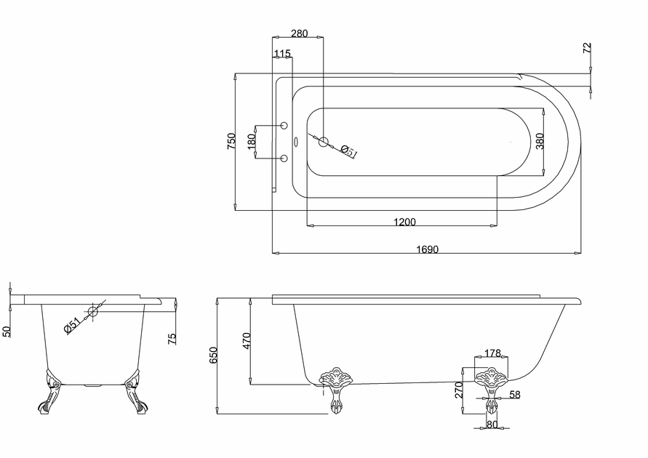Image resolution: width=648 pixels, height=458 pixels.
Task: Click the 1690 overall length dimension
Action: click(x=428, y=249)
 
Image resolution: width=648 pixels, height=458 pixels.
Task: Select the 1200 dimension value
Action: click(x=404, y=222)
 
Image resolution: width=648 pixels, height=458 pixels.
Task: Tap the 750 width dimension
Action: click(x=231, y=141)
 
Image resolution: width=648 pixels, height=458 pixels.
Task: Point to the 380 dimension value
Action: click(x=540, y=141)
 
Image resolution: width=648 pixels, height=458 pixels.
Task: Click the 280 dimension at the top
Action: click(x=299, y=33)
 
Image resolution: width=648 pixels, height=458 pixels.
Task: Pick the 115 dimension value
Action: click(x=282, y=53)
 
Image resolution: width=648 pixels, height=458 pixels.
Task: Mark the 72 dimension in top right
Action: click(x=587, y=47)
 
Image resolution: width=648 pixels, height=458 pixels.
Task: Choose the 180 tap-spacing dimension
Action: click(x=251, y=142)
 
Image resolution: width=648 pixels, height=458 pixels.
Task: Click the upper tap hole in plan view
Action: click(x=284, y=125)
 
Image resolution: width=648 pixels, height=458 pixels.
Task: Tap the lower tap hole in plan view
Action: click(x=284, y=158)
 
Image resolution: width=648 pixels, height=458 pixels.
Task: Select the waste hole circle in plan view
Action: click(x=323, y=142)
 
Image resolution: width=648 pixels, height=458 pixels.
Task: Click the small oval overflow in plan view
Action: click(x=296, y=142)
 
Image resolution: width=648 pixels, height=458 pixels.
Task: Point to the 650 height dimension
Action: click(x=213, y=355)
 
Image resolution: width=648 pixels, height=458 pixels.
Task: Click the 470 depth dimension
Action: click(x=247, y=341)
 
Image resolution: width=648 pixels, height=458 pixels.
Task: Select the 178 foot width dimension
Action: click(x=492, y=353)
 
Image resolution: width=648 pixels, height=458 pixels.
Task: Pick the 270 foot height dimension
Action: click(x=459, y=390)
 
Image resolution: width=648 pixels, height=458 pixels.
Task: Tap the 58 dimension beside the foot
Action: click(x=514, y=395)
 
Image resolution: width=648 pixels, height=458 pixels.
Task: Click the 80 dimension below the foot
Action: click(x=492, y=424)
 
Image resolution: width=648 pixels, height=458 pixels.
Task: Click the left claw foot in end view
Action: click(x=49, y=392)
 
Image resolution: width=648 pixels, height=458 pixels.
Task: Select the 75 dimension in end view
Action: click(x=172, y=339)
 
